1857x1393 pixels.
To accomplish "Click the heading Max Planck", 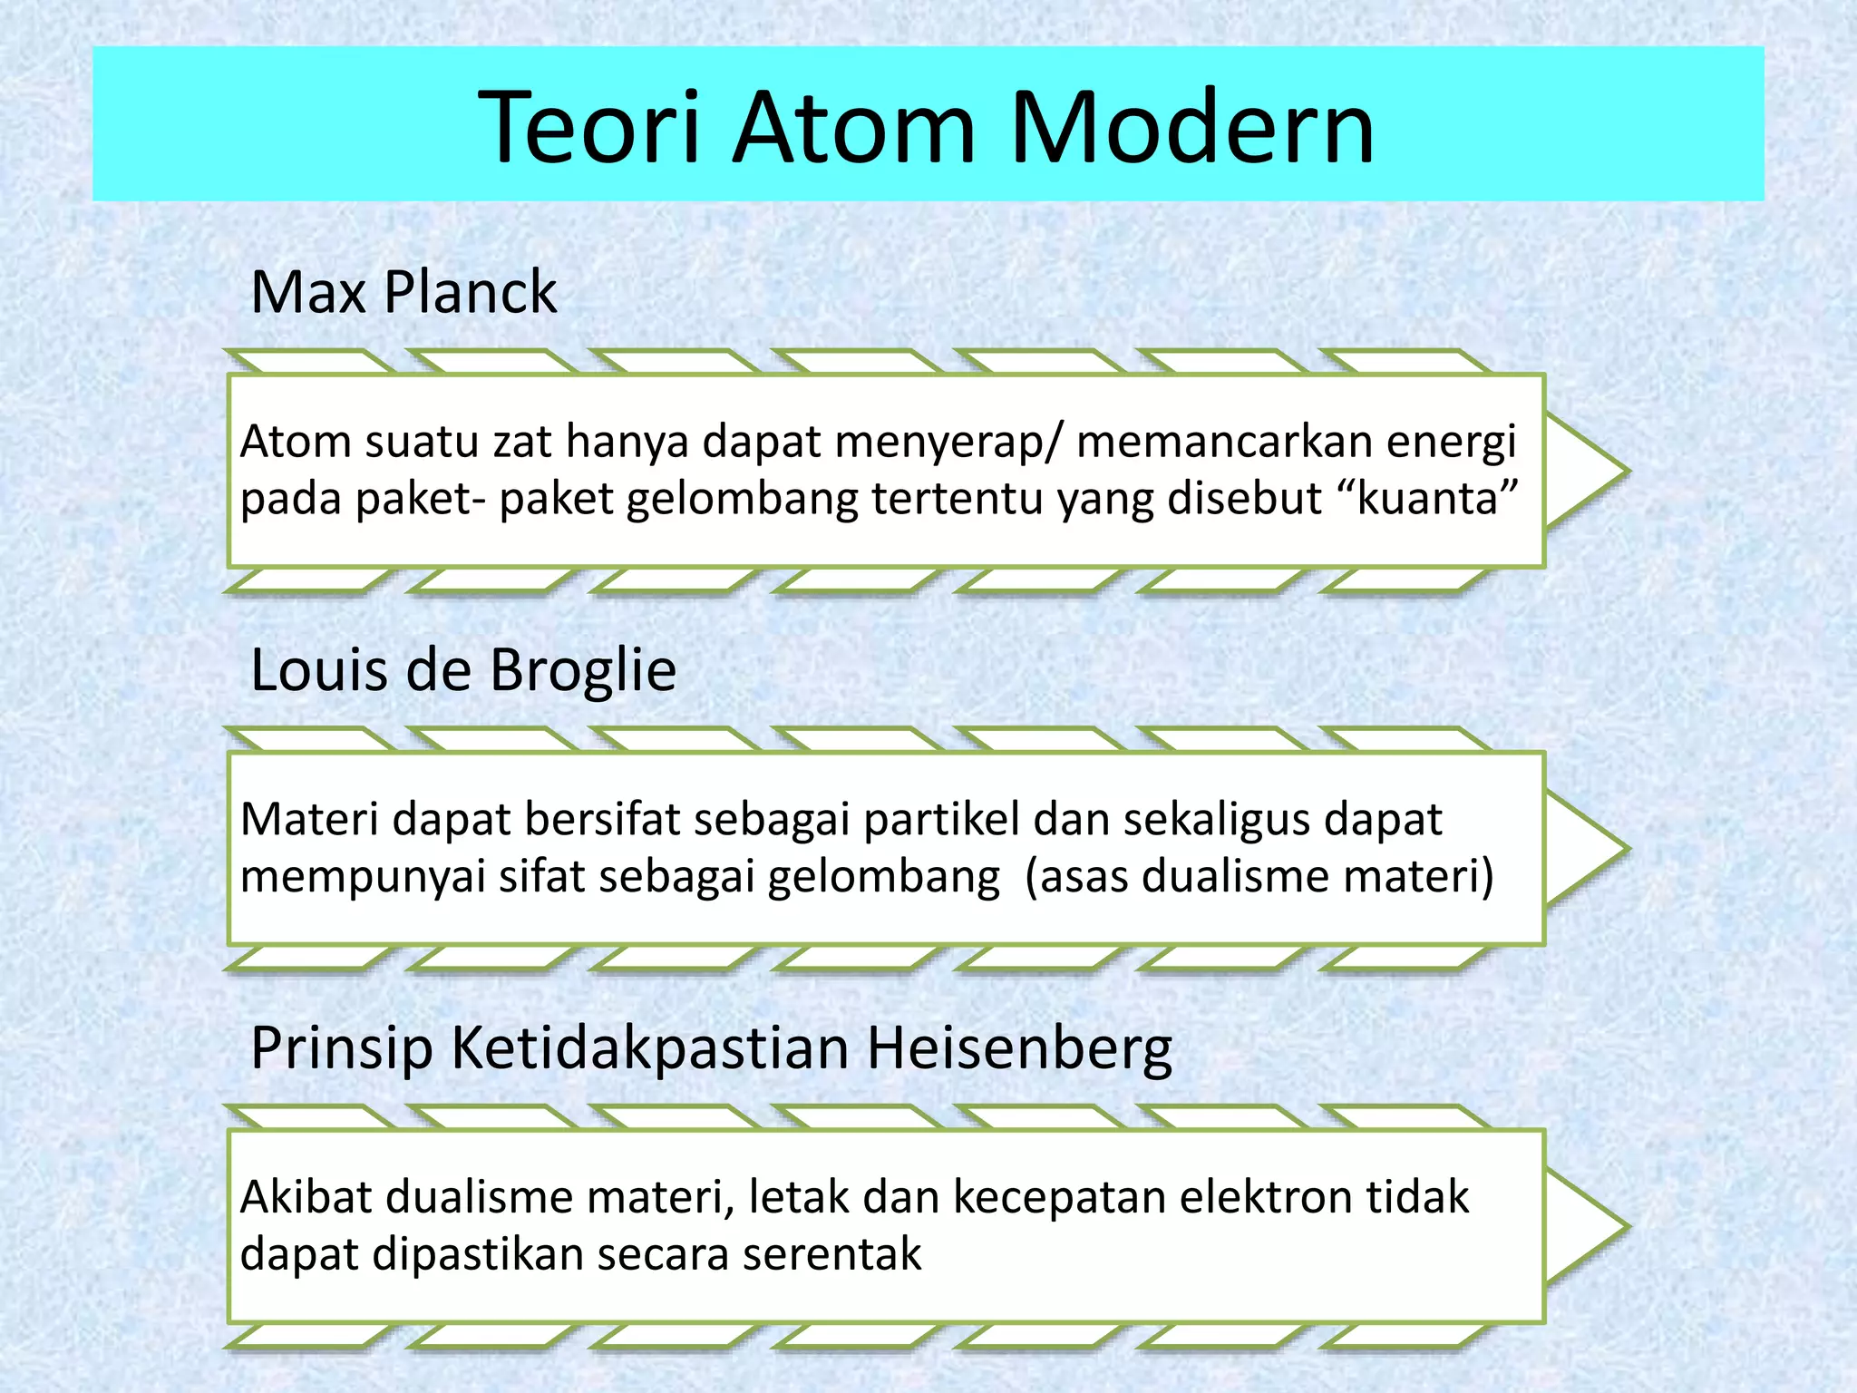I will point(403,292).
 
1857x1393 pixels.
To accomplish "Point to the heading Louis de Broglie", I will point(463,670).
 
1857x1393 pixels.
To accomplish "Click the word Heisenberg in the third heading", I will point(1019,1048).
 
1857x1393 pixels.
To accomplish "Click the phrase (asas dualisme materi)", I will point(1259,877).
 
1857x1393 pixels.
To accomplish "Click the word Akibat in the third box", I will point(306,1197).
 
